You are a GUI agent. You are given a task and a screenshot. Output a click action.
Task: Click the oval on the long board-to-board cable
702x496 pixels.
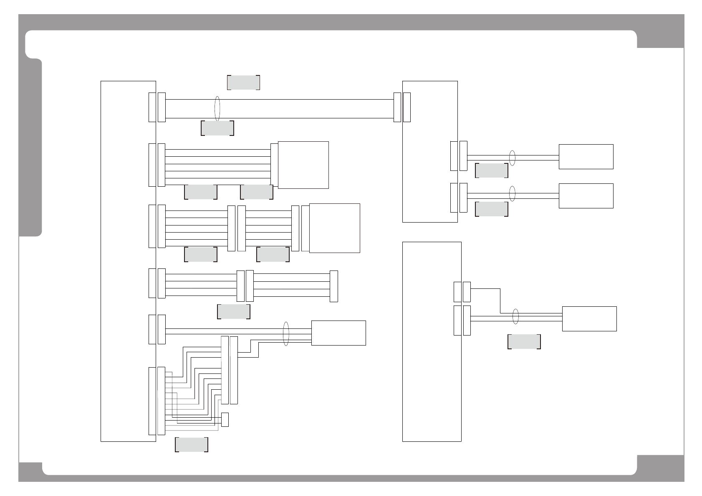(217, 108)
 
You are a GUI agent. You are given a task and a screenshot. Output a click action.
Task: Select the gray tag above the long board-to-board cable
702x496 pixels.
(243, 83)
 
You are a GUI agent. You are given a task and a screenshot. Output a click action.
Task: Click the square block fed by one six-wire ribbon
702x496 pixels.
(303, 165)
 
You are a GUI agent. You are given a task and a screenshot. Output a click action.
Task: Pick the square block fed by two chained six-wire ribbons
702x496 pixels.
(334, 228)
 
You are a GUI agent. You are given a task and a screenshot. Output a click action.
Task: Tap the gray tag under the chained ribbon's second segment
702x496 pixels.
(273, 254)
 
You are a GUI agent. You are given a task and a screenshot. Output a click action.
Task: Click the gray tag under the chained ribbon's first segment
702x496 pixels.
(200, 254)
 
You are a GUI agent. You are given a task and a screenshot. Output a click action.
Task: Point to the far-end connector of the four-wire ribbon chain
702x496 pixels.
(333, 286)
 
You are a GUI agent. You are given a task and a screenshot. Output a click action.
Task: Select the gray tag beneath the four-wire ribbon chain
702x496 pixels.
(234, 312)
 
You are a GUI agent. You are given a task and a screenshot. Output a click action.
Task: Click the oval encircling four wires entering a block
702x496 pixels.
(286, 333)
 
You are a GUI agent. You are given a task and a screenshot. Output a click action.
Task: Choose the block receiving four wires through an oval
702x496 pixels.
(338, 333)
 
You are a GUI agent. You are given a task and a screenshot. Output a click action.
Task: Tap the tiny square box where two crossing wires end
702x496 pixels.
(225, 419)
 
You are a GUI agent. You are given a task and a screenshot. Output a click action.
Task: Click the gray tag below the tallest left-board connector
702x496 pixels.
(192, 445)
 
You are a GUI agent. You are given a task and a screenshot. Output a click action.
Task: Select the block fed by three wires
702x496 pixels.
(589, 319)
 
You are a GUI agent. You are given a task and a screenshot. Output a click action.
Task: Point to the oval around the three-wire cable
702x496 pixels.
(515, 316)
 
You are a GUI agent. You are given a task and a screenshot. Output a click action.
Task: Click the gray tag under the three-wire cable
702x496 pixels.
(524, 341)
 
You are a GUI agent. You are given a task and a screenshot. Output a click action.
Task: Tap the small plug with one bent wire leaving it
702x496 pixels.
(467, 292)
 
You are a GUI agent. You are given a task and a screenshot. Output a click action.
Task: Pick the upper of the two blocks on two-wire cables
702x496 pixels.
(586, 157)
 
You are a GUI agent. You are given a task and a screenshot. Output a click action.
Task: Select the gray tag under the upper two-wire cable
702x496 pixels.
(492, 170)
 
